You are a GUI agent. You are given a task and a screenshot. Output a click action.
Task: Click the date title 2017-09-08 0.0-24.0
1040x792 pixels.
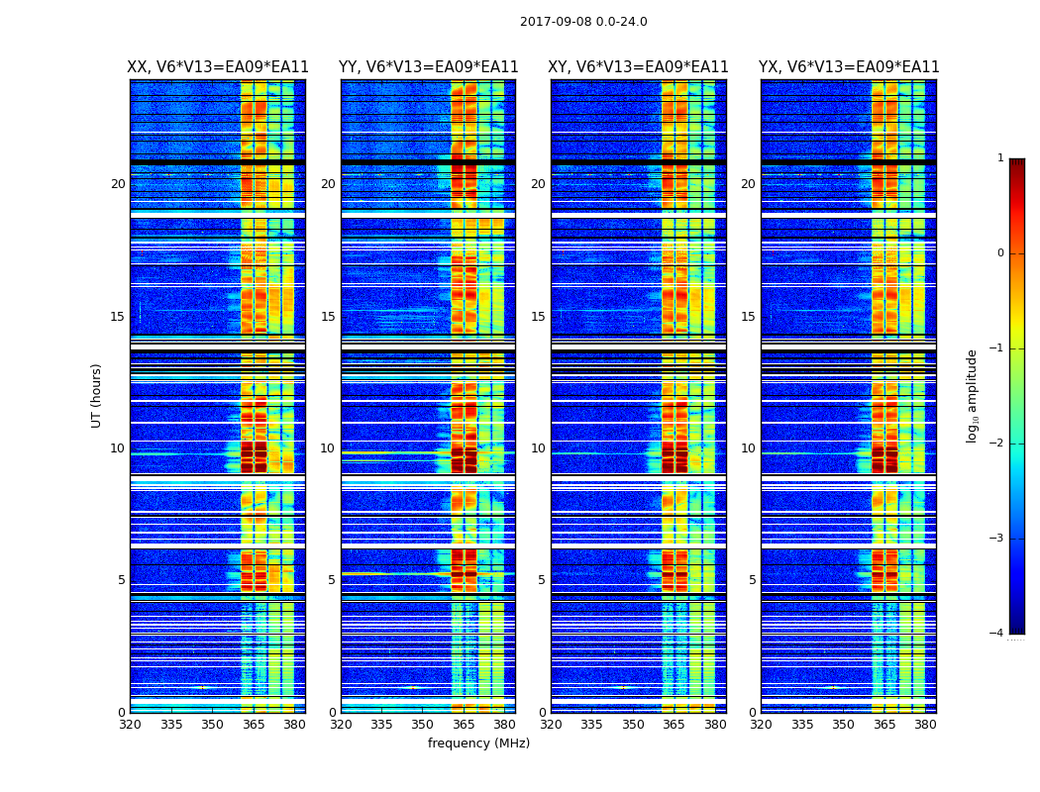click(583, 22)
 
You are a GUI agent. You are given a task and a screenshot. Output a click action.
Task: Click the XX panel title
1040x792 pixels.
click(218, 67)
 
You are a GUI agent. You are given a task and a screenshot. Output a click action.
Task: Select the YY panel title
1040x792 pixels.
click(428, 67)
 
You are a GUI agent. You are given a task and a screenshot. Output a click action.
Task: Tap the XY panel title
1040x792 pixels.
click(639, 67)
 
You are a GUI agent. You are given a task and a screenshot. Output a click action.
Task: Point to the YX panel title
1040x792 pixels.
click(849, 67)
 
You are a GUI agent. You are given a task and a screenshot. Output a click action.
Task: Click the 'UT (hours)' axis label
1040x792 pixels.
click(96, 395)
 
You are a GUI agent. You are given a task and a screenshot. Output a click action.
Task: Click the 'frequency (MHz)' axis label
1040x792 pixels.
click(478, 743)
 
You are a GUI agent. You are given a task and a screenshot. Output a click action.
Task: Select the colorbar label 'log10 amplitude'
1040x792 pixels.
click(973, 395)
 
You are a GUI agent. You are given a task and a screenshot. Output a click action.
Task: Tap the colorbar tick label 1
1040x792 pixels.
click(1000, 158)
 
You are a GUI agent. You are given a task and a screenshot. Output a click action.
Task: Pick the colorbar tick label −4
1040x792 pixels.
click(997, 634)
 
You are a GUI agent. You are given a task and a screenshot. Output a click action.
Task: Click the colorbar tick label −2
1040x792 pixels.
click(997, 444)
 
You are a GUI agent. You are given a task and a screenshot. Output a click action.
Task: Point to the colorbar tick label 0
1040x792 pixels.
click(1000, 253)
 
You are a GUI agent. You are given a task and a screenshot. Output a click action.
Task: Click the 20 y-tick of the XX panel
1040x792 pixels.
click(118, 184)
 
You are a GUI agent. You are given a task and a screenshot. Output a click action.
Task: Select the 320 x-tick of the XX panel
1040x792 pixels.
click(130, 725)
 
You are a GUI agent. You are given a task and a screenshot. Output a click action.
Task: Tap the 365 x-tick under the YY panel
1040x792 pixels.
click(464, 725)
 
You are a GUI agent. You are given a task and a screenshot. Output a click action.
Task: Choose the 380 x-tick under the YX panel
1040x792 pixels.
click(925, 725)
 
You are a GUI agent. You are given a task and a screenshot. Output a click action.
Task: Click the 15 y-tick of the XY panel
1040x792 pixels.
click(538, 317)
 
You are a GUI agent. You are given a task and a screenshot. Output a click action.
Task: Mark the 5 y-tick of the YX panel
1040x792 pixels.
click(752, 580)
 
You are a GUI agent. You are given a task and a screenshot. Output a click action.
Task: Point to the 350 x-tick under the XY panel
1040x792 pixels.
click(633, 725)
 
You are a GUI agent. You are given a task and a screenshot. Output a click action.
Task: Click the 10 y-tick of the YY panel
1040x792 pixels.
click(328, 448)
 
